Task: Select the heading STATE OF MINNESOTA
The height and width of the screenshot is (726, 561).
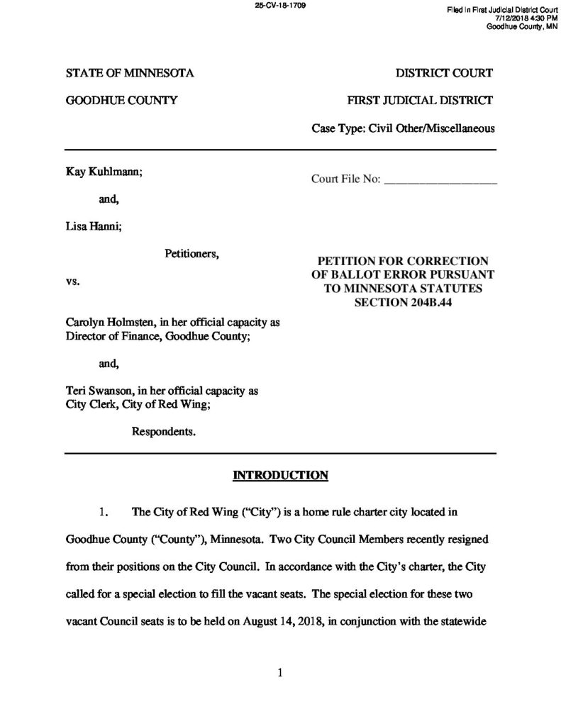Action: pyautogui.click(x=130, y=73)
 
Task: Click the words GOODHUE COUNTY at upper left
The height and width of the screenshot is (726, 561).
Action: pyautogui.click(x=121, y=101)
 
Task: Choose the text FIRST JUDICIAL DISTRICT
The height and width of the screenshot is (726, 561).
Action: pyautogui.click(x=420, y=101)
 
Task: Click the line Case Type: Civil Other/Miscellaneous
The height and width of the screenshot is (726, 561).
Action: pyautogui.click(x=403, y=128)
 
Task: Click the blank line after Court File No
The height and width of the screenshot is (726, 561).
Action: pyautogui.click(x=440, y=181)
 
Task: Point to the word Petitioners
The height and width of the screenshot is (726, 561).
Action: pyautogui.click(x=192, y=253)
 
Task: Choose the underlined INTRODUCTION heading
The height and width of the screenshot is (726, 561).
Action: pyautogui.click(x=280, y=475)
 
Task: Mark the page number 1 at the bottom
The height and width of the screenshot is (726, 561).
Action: pyautogui.click(x=281, y=674)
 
